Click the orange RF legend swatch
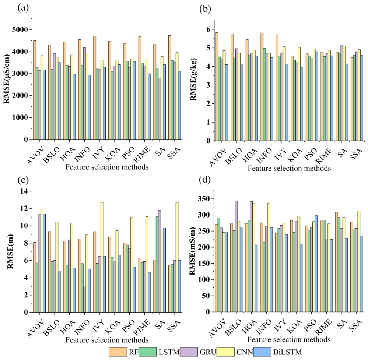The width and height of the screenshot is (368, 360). pyautogui.click(x=118, y=352)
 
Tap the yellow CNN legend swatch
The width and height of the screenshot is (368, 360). pyautogui.click(x=225, y=352)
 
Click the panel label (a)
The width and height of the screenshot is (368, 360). pyautogui.click(x=23, y=8)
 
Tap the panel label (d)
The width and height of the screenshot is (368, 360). pyautogui.click(x=205, y=180)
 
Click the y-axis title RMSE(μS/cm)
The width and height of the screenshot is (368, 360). pyautogui.click(x=6, y=79)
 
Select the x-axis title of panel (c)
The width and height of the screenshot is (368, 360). pyautogui.click(x=107, y=340)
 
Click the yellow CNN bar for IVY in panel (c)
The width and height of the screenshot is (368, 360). pyautogui.click(x=102, y=257)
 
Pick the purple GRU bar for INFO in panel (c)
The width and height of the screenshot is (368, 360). pyautogui.click(x=84, y=300)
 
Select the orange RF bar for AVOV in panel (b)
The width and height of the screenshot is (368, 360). pyautogui.click(x=217, y=87)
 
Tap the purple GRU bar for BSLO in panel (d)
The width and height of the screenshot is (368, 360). pyautogui.click(x=236, y=256)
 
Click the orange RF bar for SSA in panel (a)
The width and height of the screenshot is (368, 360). pyautogui.click(x=170, y=88)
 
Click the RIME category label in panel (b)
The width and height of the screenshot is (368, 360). pyautogui.click(x=324, y=156)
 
